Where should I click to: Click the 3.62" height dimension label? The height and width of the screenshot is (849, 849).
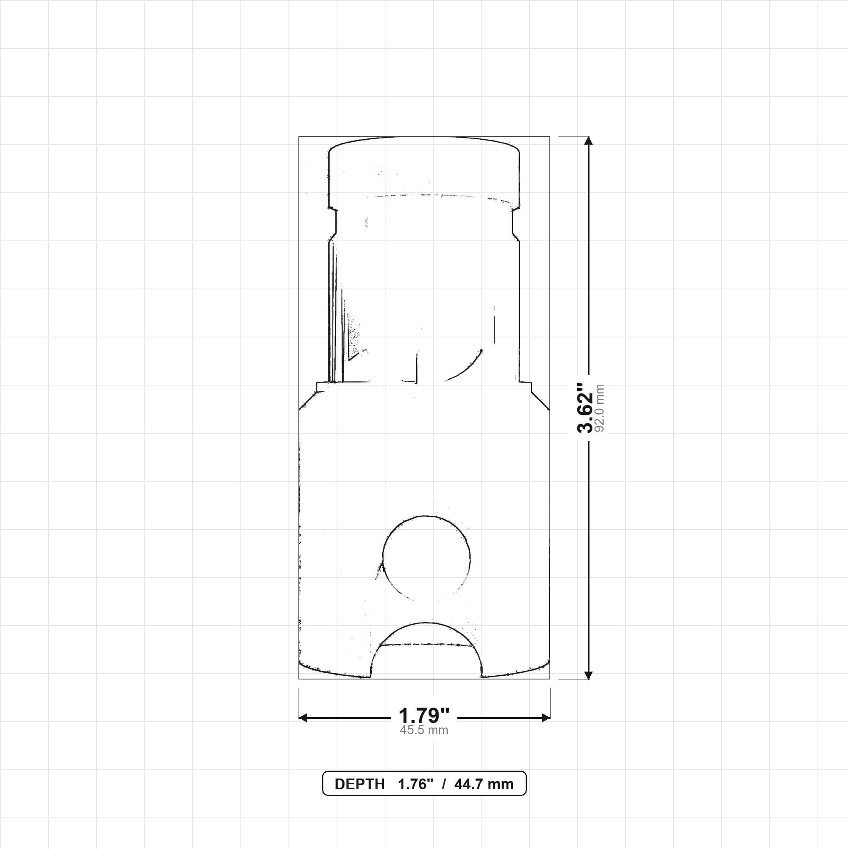pos(585,408)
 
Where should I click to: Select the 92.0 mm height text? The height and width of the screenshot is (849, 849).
pos(600,408)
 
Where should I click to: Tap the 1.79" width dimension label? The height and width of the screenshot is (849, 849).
pos(424,716)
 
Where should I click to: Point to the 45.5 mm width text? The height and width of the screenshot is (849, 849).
pos(424,730)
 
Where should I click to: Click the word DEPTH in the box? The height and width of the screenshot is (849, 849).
pos(359,784)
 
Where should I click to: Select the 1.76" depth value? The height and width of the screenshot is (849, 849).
pos(416,784)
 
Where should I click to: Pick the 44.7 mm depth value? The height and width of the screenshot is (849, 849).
pos(484,784)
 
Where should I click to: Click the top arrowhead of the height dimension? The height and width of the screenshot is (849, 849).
pos(589,141)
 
